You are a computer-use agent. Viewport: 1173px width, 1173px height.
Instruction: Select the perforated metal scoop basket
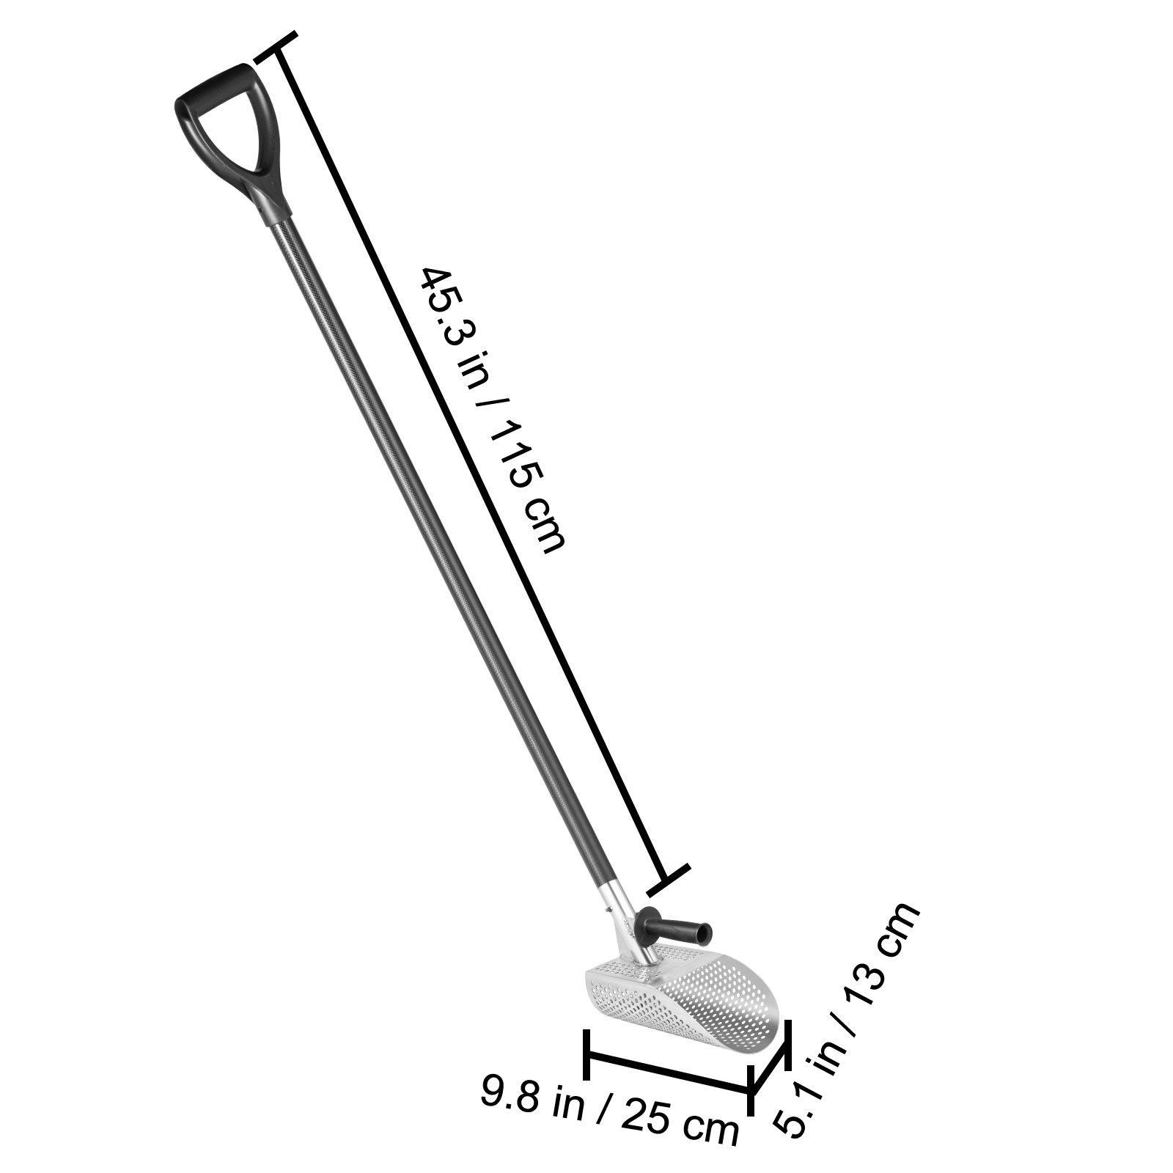click(696, 1004)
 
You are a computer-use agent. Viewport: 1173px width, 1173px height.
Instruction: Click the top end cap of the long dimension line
click(276, 46)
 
